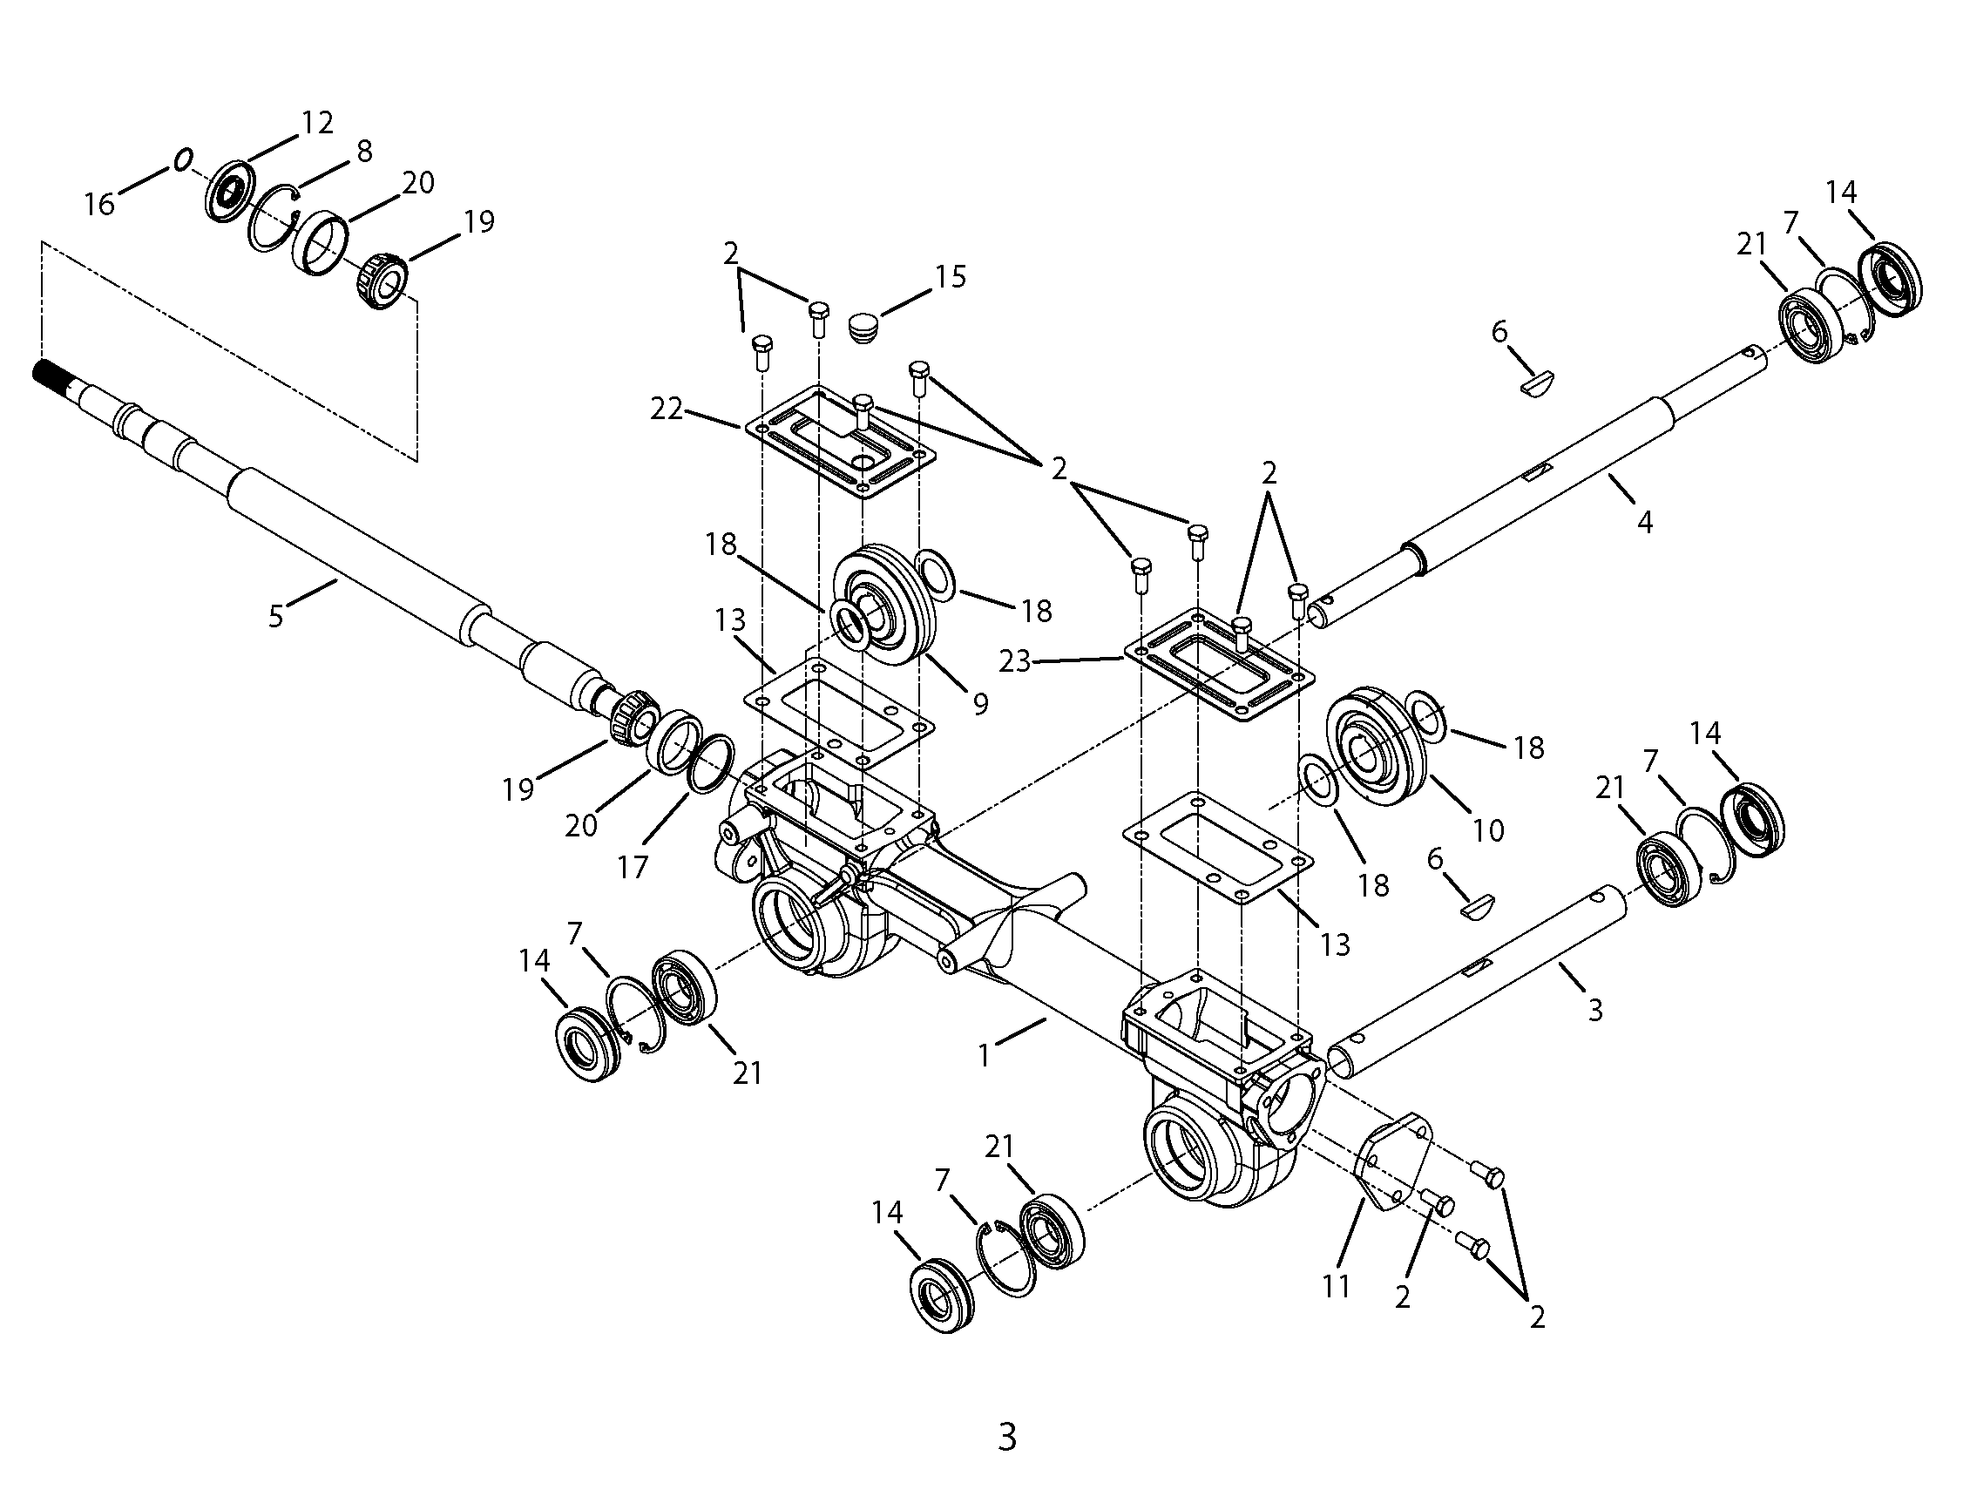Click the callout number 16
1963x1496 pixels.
coord(99,205)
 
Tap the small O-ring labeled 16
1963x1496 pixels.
coord(182,160)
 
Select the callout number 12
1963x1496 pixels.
coord(317,123)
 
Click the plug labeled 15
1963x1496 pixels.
coord(861,326)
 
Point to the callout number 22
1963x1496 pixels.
coord(667,410)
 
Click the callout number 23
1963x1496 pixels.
coord(1015,660)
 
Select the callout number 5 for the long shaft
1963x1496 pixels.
coord(276,616)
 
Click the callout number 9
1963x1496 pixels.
coord(980,704)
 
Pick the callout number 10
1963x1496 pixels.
coord(1488,831)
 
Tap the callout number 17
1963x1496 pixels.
coord(633,866)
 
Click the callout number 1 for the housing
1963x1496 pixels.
coord(984,1056)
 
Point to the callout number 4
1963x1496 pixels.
coord(1645,523)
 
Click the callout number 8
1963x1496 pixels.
coord(364,152)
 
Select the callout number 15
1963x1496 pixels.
coord(950,277)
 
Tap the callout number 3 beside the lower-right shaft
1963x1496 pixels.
coord(1595,1010)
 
